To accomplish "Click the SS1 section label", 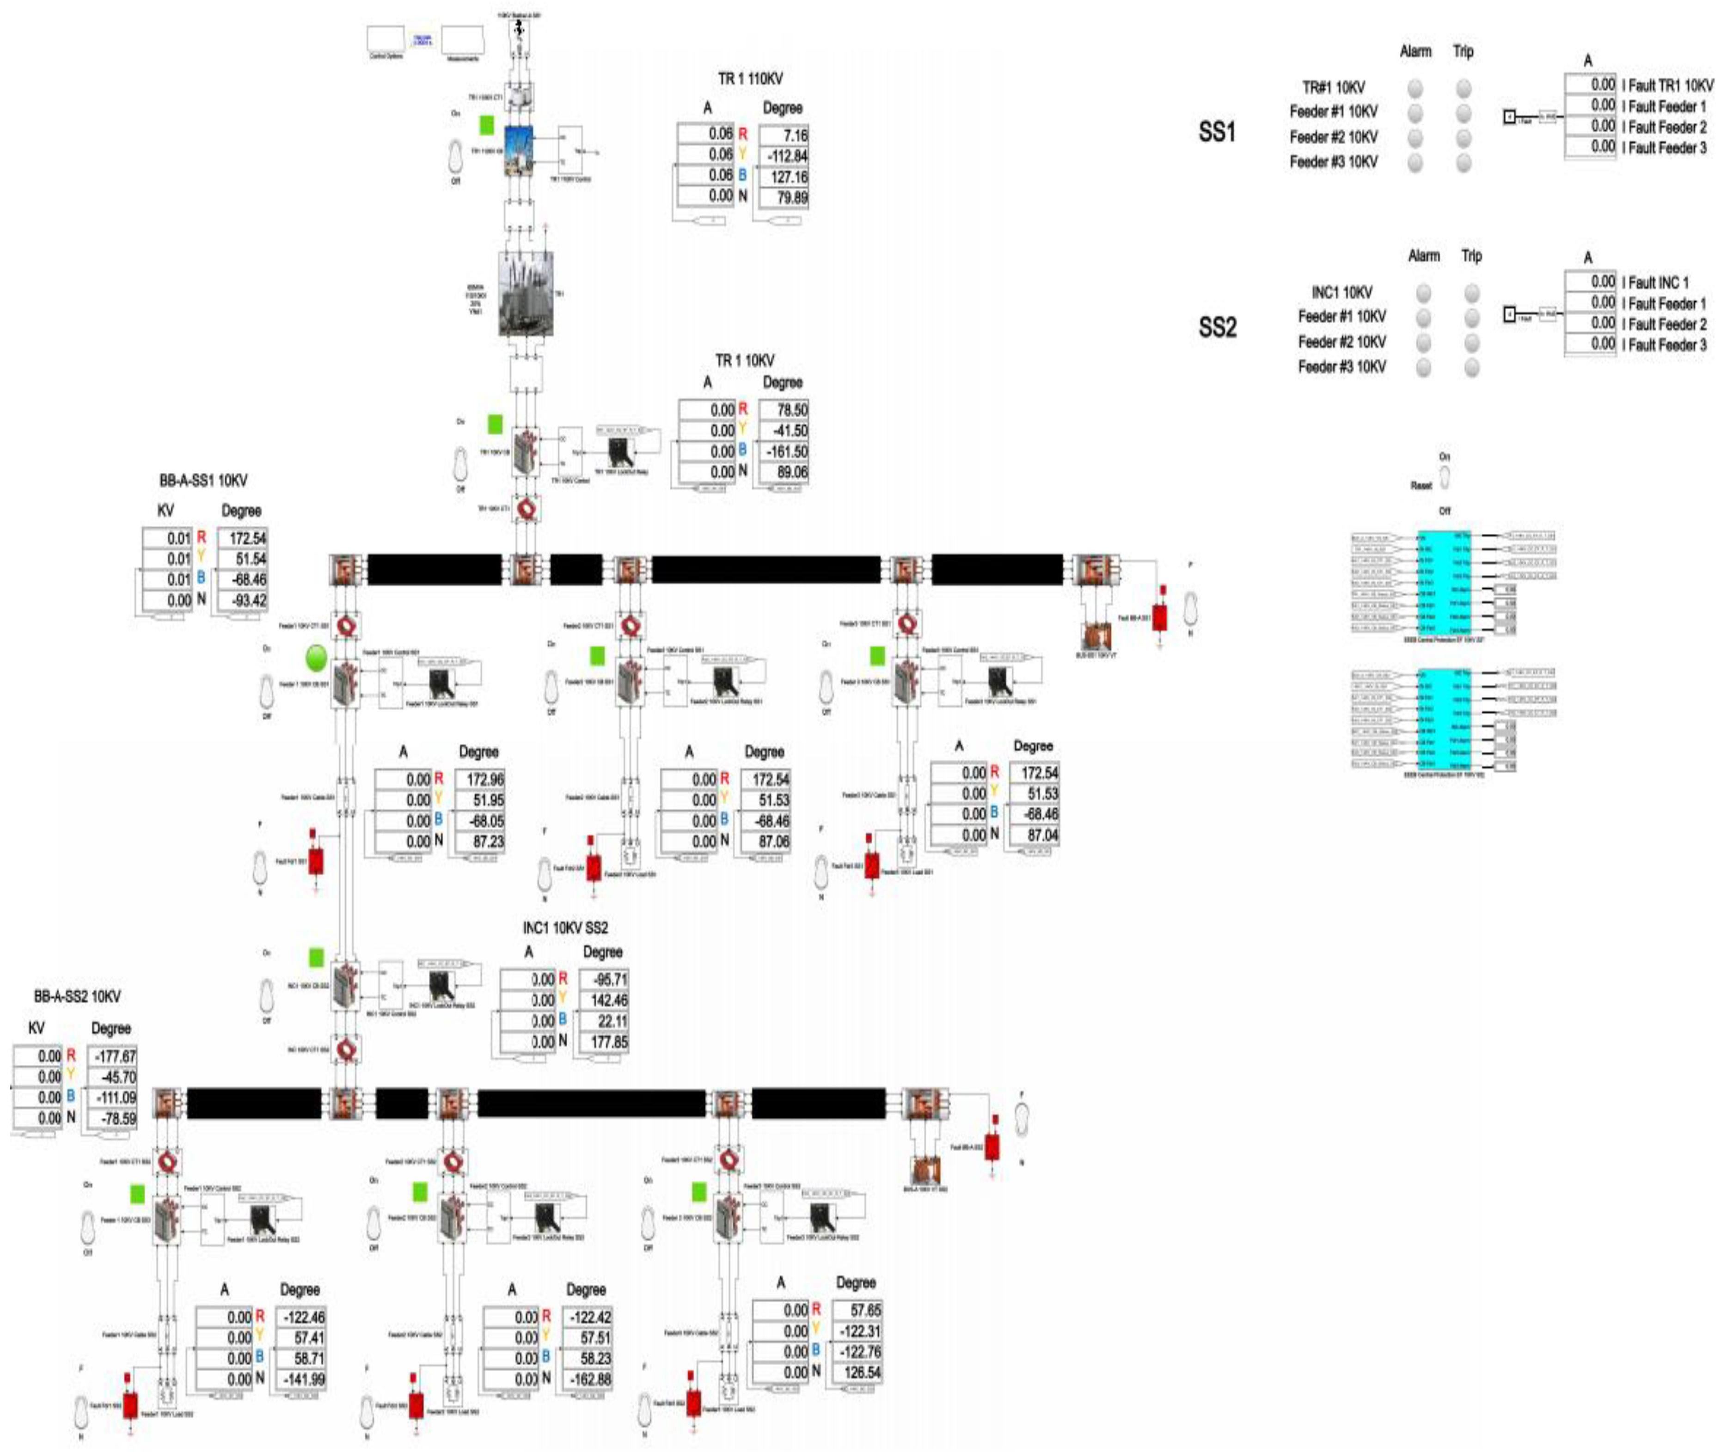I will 1217,132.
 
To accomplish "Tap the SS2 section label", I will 1217,328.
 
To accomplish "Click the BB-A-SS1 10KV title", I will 203,481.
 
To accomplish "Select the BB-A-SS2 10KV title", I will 77,997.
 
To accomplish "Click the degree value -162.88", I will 587,1379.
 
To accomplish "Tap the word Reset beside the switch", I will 1421,486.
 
